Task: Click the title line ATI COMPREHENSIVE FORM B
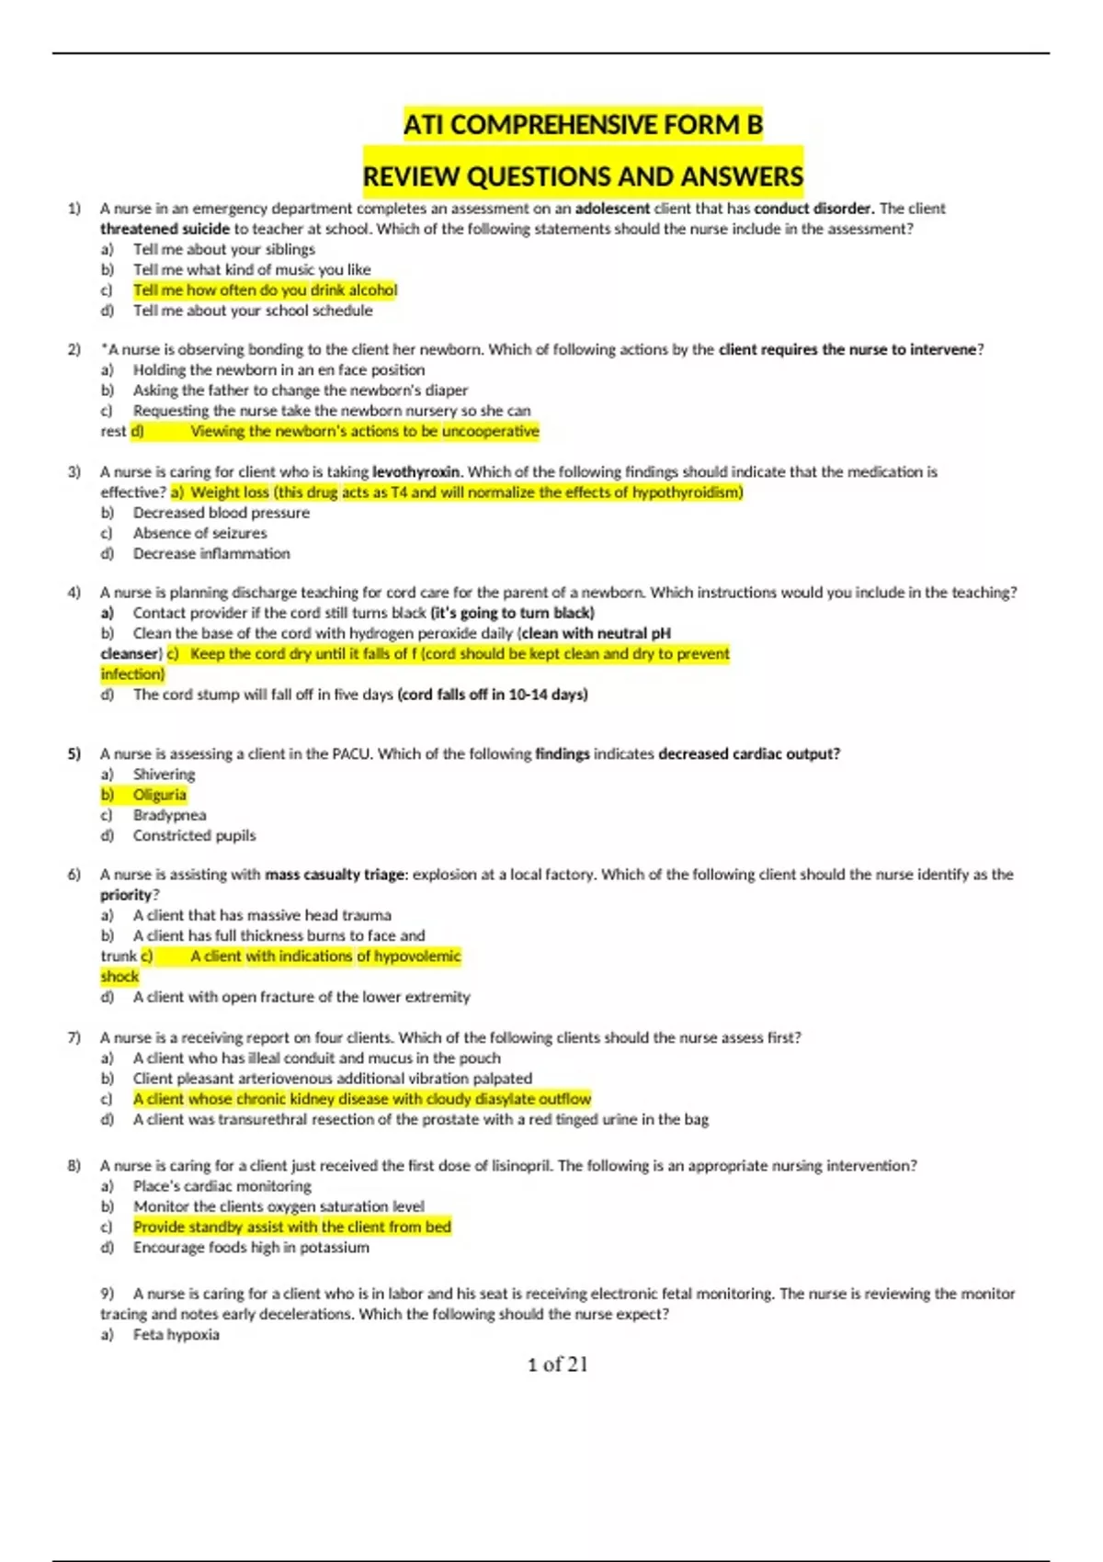tap(583, 125)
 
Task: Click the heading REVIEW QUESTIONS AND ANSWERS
tap(583, 176)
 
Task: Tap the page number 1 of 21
tap(557, 1364)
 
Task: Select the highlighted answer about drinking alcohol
tap(265, 290)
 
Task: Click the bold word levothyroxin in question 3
tap(416, 472)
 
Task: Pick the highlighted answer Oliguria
tap(159, 795)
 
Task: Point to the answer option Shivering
tap(164, 775)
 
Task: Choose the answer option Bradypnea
tap(169, 815)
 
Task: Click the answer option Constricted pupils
tap(194, 835)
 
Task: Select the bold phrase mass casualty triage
tap(335, 875)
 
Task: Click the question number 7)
tap(74, 1037)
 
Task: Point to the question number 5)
tap(74, 753)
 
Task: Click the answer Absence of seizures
tap(199, 533)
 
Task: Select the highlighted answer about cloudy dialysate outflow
tap(361, 1099)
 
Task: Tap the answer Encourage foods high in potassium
tap(251, 1248)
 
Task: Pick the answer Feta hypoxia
tap(176, 1335)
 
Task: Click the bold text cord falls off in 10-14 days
tap(493, 695)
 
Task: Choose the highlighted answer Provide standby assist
tap(291, 1228)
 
